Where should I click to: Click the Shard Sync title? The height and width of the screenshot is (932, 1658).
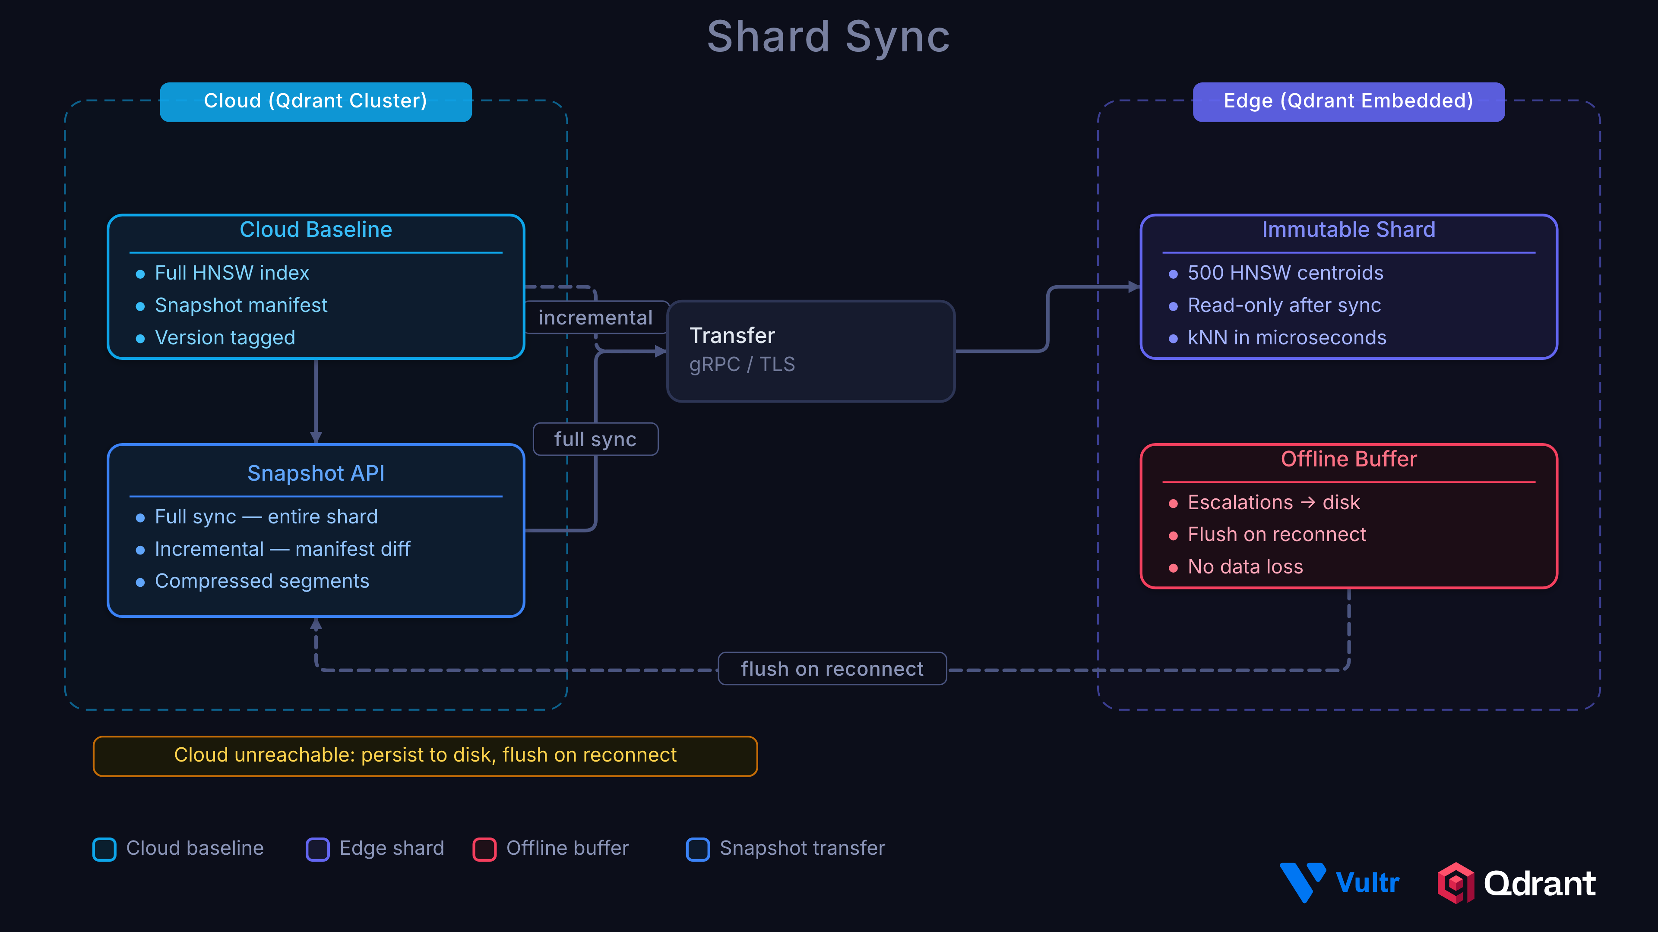(829, 37)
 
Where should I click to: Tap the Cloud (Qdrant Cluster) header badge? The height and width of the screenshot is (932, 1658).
(315, 101)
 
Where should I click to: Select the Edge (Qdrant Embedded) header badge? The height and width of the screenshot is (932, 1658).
(1348, 101)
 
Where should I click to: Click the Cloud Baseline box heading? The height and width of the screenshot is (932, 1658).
(315, 230)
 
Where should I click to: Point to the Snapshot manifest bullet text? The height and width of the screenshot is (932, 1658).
(241, 305)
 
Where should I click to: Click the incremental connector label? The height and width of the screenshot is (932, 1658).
(595, 318)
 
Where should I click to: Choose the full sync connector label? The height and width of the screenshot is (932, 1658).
(595, 439)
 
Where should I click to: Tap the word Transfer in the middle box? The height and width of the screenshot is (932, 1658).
(732, 336)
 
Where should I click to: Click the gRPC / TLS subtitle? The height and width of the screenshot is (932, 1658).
(741, 365)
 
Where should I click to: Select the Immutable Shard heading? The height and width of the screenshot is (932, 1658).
(1348, 230)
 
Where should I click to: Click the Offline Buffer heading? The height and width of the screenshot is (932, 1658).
(1348, 459)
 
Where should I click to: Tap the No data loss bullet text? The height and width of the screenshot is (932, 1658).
(1245, 567)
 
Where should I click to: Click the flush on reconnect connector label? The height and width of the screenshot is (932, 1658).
(832, 669)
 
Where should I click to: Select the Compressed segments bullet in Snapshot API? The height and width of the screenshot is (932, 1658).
(262, 581)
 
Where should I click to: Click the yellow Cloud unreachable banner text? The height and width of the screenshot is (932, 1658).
(425, 755)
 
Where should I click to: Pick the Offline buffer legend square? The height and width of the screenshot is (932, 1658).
(484, 849)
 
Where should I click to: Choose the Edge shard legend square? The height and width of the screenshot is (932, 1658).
(317, 849)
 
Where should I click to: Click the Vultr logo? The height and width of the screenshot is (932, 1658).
(1339, 882)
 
